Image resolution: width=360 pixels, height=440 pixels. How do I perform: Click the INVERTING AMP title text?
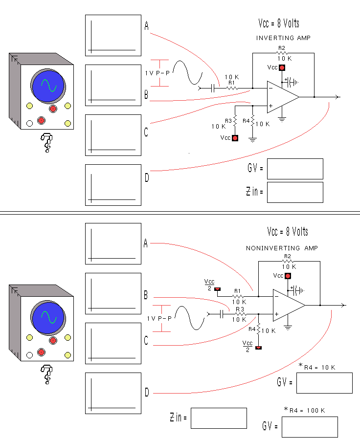(283, 38)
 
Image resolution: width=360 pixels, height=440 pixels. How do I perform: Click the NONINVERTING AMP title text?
(282, 248)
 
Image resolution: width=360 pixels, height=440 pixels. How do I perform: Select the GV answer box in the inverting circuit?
(295, 169)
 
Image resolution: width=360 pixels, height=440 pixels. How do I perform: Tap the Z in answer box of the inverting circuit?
(295, 192)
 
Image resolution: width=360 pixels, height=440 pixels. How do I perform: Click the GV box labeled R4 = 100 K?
(310, 427)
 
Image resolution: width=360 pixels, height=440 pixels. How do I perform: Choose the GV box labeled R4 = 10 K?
(324, 383)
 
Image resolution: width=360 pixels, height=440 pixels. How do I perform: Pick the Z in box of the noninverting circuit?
(219, 418)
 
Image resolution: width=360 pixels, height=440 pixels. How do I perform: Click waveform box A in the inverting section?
(113, 35)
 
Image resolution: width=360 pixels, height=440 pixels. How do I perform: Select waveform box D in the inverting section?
(113, 185)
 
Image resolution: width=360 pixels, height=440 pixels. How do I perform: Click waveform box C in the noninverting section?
(113, 343)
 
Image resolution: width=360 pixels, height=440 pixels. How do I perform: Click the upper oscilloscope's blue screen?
(48, 86)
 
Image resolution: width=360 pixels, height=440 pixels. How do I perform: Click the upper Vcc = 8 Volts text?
(279, 23)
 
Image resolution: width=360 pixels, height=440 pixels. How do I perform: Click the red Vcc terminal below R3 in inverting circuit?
(235, 138)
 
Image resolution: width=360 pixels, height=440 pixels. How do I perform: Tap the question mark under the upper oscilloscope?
(47, 143)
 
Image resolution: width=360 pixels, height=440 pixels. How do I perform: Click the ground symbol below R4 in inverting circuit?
(253, 139)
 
